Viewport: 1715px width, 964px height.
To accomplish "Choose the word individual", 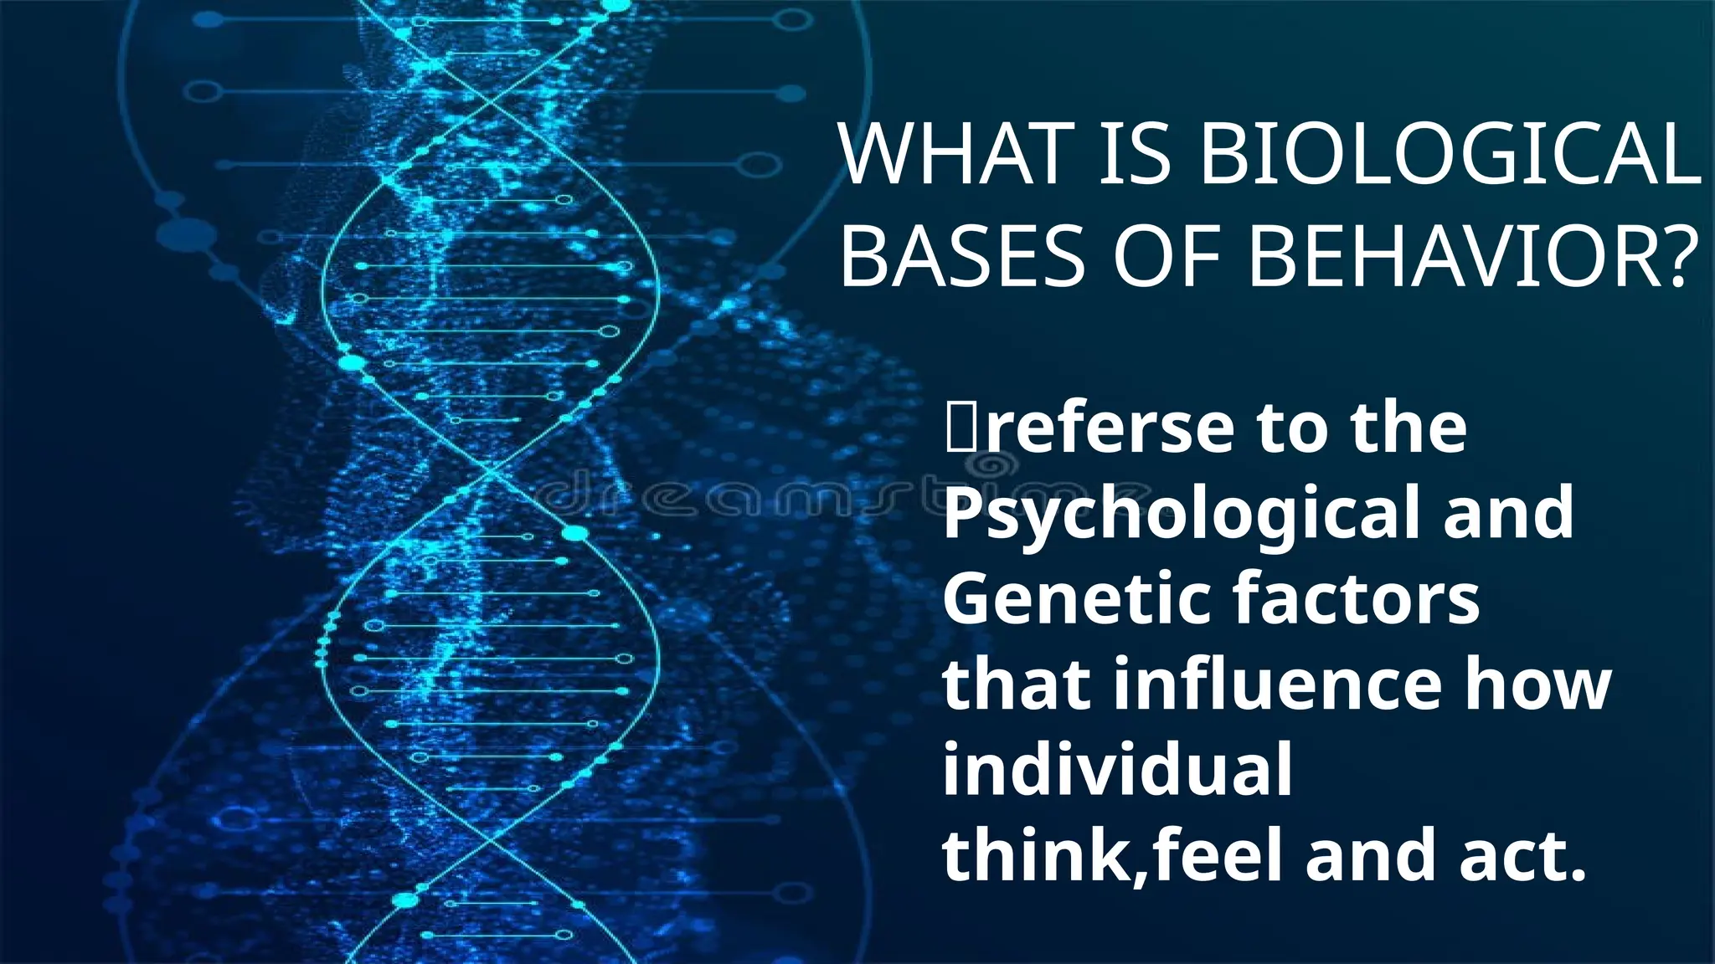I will point(1117,771).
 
